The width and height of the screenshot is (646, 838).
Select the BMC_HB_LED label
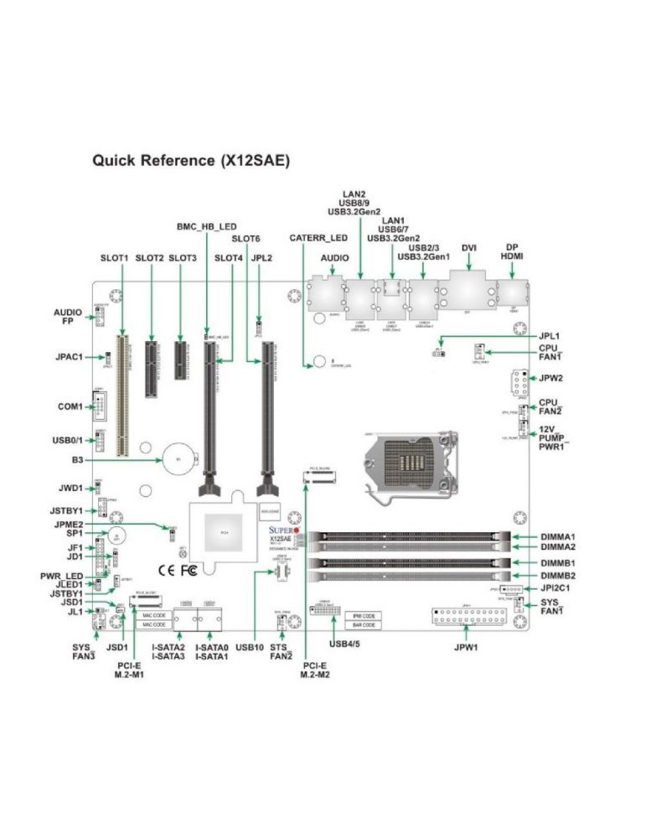coord(206,226)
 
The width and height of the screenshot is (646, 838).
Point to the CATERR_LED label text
coord(318,238)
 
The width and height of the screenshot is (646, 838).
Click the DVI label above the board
coord(469,248)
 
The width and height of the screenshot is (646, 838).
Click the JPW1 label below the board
coord(467,648)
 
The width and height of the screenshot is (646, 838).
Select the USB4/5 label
coord(345,644)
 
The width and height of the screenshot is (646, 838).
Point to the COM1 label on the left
coord(70,406)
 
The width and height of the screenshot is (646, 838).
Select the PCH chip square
coord(224,534)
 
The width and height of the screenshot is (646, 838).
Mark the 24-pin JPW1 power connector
coord(469,621)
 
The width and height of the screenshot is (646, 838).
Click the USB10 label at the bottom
coord(250,648)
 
